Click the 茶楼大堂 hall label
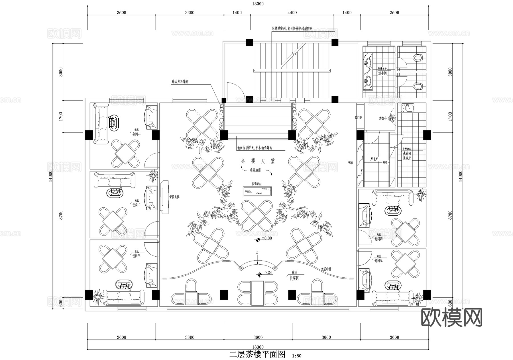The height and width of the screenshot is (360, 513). pos(257,161)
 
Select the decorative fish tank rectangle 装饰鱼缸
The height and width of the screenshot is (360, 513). pos(257,191)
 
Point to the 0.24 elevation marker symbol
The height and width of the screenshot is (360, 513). pos(259,275)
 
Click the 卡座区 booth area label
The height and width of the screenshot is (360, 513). pos(294,278)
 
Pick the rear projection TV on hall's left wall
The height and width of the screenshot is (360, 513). pos(165,197)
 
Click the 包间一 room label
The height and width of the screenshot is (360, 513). pos(137,134)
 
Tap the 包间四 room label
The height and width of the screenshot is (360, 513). pos(378,239)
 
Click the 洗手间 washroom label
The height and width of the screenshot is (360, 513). pos(382,73)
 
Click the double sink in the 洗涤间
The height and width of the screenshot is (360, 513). pos(408,108)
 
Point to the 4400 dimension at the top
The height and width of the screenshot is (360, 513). pos(292,13)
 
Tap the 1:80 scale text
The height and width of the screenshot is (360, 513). pos(297,356)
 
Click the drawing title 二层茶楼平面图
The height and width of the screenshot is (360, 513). pos(257,354)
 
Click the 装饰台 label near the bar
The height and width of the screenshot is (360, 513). pos(382,118)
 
